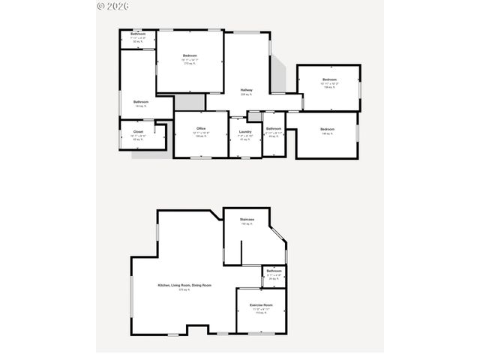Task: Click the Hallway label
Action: [246, 91]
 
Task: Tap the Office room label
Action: [200, 129]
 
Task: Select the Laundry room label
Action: [244, 131]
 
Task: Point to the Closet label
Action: [138, 132]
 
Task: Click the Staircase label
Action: [247, 219]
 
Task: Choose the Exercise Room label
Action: [261, 305]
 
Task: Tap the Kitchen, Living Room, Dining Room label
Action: [184, 285]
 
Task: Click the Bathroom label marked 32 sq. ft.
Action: [138, 34]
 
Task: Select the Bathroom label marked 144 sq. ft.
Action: [141, 102]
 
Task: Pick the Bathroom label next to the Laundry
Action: [273, 129]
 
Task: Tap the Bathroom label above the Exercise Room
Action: [274, 271]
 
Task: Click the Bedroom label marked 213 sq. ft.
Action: [189, 55]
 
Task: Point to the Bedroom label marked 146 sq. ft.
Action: [326, 130]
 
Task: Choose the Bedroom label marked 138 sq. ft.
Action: [329, 79]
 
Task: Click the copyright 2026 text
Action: [113, 5]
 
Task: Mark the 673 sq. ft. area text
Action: [184, 289]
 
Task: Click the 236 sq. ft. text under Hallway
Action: [246, 94]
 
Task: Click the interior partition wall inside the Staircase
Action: [241, 252]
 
